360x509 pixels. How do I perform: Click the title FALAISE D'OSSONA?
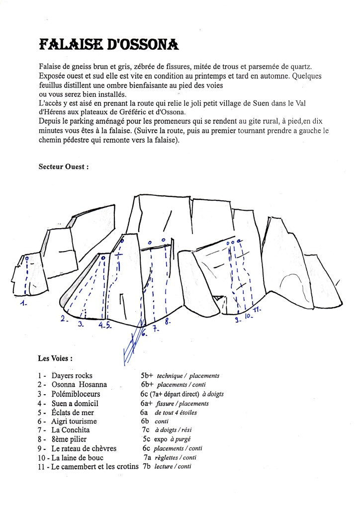[108, 45]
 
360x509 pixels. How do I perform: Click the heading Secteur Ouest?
[63, 168]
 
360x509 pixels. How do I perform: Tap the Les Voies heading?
[56, 357]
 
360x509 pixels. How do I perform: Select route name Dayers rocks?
[72, 376]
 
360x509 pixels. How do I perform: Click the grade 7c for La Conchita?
[146, 430]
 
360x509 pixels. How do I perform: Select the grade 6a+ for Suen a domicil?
[147, 403]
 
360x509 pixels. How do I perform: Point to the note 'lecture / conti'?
[173, 466]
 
